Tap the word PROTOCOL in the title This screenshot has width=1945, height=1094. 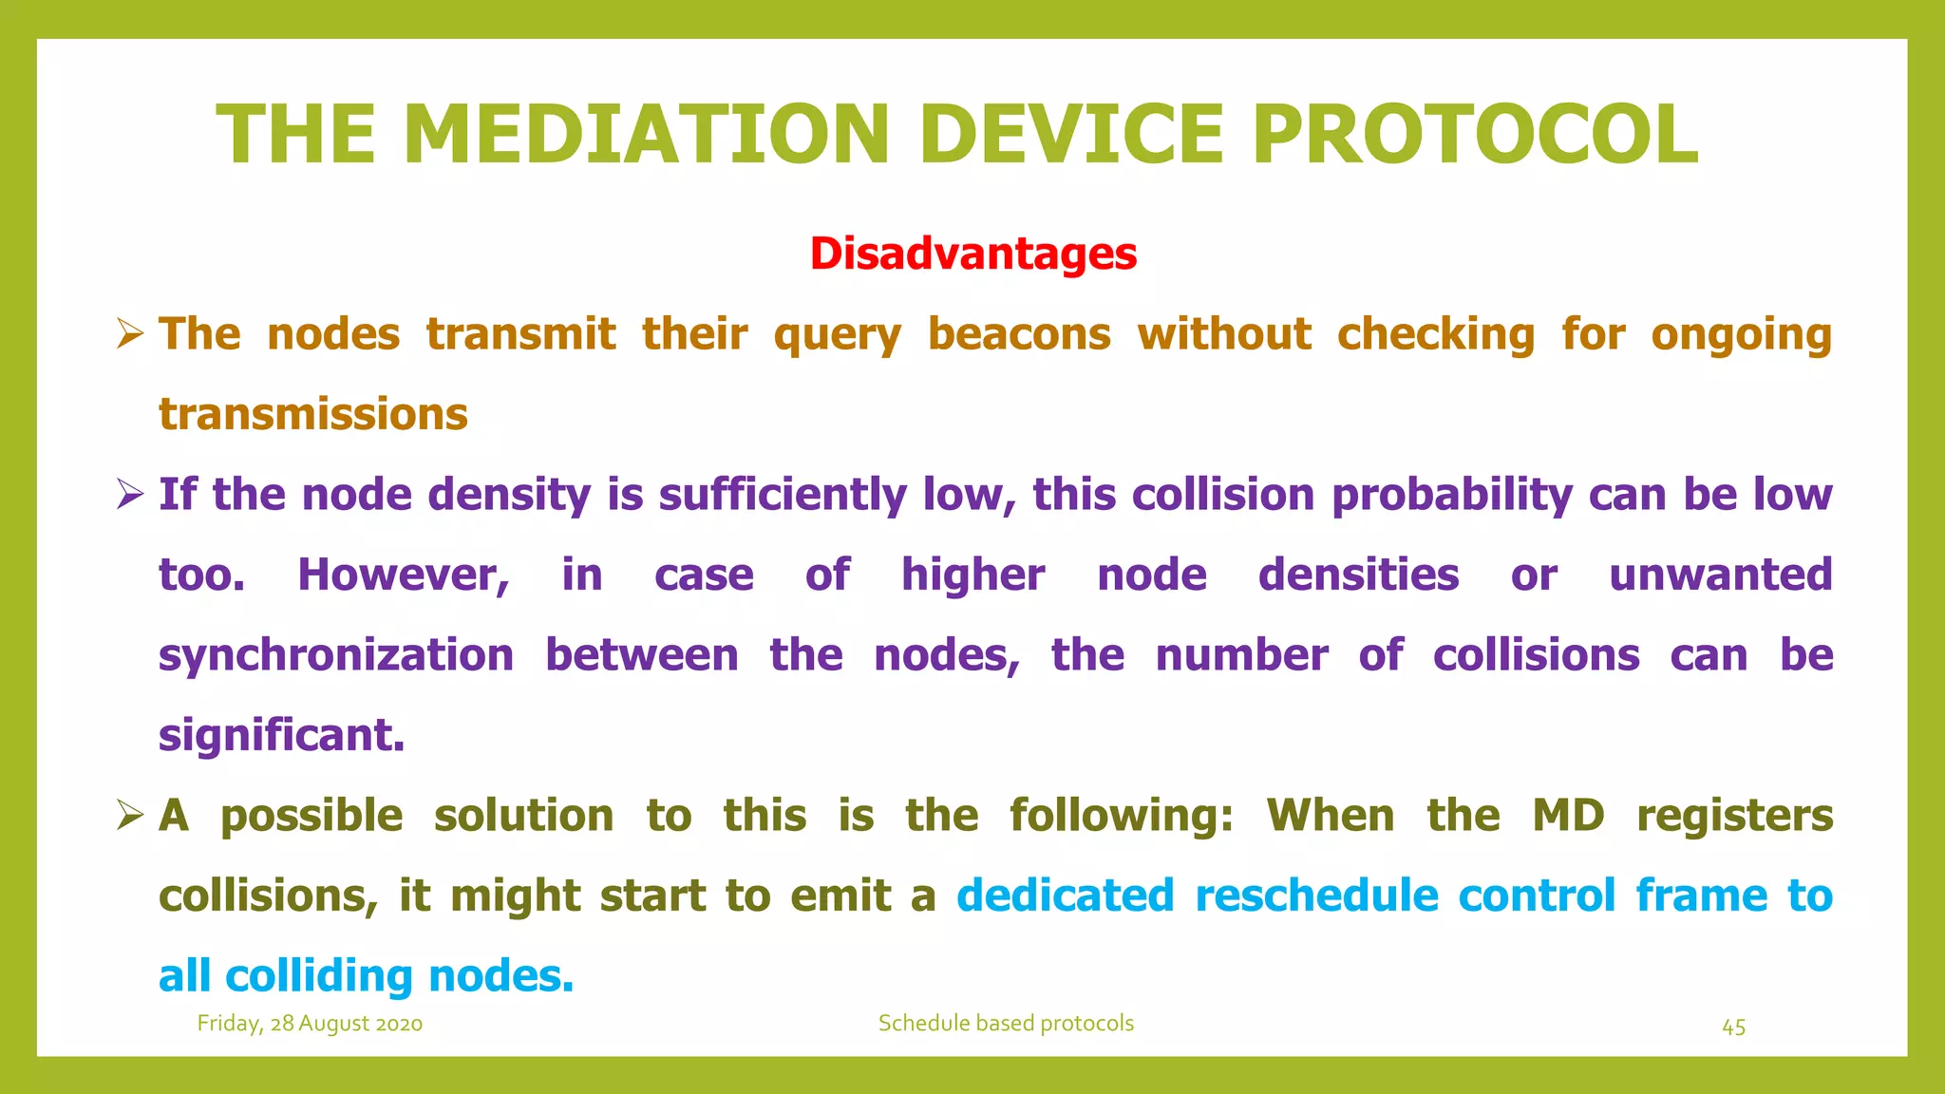coord(1474,135)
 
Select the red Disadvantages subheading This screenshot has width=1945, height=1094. coord(972,254)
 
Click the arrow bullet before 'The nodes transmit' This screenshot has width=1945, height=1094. coord(130,334)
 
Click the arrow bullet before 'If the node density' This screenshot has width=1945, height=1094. coord(130,495)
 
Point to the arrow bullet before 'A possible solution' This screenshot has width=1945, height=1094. coord(130,816)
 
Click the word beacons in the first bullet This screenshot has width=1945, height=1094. coord(1018,334)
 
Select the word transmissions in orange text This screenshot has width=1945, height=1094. coord(313,415)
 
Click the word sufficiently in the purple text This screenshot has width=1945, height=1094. coord(783,496)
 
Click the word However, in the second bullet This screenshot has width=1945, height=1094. coord(404,575)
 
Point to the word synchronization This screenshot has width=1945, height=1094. coord(336,656)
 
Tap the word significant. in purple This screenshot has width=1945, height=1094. coord(282,736)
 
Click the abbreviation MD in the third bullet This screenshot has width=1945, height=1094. coord(1568,816)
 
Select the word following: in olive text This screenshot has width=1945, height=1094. coord(1121,816)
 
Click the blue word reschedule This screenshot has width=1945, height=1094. coord(1316,896)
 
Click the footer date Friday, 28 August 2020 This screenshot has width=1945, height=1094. coord(310,1024)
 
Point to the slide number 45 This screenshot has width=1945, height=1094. coord(1733,1028)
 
